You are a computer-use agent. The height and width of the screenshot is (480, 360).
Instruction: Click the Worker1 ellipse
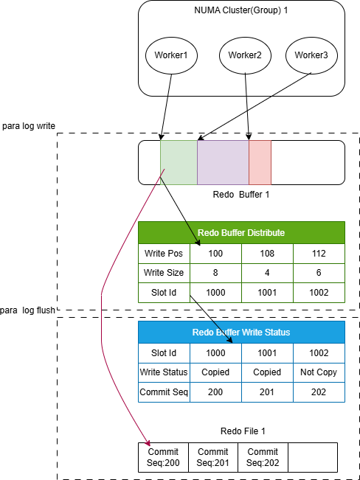pos(171,55)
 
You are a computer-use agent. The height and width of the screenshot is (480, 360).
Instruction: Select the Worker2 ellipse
pos(245,55)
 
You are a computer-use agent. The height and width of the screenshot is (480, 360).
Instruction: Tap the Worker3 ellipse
pos(311,55)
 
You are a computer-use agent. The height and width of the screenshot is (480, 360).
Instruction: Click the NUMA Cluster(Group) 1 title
pos(241,10)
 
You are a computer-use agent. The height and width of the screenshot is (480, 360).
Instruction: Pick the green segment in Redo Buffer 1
pos(179,162)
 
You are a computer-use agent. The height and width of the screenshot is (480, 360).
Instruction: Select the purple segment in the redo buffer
pos(223,162)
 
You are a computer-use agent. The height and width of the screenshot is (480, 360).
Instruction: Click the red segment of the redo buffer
pos(260,162)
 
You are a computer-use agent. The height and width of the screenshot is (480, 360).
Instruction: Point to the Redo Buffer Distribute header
pos(241,233)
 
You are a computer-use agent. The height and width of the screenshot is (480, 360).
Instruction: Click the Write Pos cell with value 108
pos(267,254)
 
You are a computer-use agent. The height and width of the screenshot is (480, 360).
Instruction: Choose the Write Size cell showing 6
pos(319,273)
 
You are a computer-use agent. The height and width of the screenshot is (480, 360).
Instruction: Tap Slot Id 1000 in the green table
pos(215,293)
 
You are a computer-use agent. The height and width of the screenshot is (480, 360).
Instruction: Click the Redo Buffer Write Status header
pos(241,332)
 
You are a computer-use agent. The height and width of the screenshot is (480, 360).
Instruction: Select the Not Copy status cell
pos(319,372)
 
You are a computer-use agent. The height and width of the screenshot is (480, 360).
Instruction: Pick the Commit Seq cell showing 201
pos(267,392)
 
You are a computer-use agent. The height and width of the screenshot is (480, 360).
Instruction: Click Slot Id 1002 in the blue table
pos(319,353)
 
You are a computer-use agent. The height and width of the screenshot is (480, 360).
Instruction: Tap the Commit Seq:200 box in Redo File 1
pos(163,457)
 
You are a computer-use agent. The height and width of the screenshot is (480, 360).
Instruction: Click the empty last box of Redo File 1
pos(313,457)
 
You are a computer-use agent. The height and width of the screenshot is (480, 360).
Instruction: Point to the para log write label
pos(29,126)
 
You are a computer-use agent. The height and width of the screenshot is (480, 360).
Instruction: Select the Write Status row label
pos(164,372)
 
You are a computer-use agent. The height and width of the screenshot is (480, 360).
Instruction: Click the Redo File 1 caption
pos(243,431)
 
